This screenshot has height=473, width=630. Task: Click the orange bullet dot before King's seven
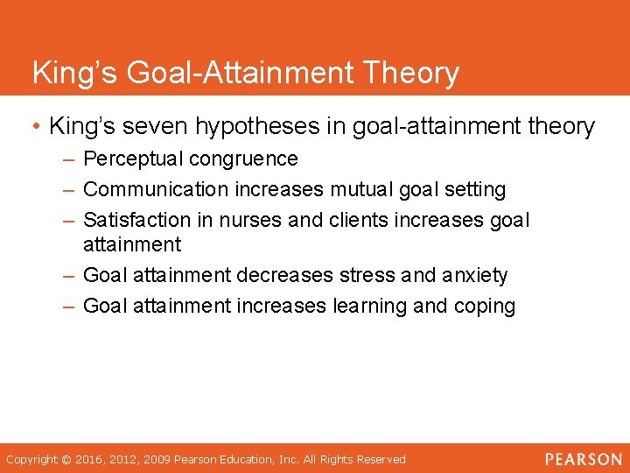click(x=37, y=127)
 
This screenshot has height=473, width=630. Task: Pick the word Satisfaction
click(x=132, y=220)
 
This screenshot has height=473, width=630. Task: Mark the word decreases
click(x=284, y=275)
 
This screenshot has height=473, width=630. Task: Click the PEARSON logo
click(x=584, y=459)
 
